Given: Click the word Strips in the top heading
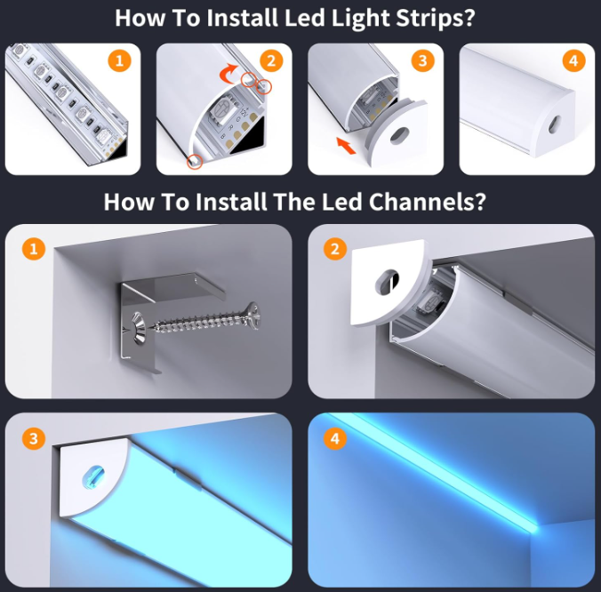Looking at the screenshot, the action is tap(436, 18).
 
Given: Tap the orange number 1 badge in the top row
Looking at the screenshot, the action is tap(120, 60).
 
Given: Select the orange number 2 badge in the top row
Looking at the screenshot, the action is tap(271, 60).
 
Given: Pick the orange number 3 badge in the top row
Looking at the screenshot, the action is tap(422, 60).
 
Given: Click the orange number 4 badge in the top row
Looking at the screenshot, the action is tap(573, 60).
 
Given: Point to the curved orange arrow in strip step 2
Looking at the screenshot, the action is tap(228, 74).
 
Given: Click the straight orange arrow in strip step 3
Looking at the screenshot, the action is tap(346, 145).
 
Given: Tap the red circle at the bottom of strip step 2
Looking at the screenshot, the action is tap(195, 161).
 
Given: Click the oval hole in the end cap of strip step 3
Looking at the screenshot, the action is tap(400, 136).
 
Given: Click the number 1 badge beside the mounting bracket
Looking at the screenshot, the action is tap(34, 249).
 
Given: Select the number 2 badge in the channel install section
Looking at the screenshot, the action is tap(335, 249).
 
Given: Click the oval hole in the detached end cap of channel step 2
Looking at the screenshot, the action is tap(387, 282).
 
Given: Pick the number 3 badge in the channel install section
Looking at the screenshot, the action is tap(34, 439).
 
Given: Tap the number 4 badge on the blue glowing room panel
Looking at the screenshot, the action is tap(335, 439).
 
